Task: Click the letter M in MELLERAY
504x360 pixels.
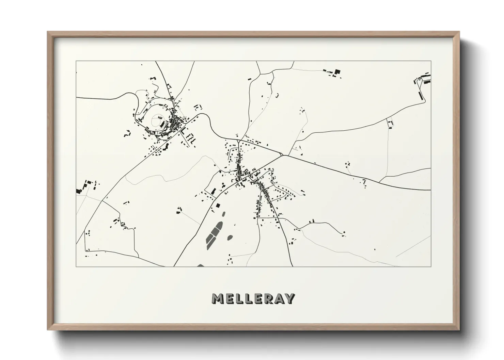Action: [x=218, y=299]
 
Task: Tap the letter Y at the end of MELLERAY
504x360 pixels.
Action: [x=289, y=299]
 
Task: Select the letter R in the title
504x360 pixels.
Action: [x=267, y=299]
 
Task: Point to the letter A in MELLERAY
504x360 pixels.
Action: [x=279, y=299]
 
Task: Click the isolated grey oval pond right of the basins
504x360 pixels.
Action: [x=230, y=237]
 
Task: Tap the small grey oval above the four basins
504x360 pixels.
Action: [x=223, y=214]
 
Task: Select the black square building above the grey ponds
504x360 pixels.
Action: [x=218, y=205]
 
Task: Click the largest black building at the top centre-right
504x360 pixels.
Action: [x=337, y=71]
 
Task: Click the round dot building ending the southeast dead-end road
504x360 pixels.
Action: [x=344, y=232]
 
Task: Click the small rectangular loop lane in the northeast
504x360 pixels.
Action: [x=390, y=123]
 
